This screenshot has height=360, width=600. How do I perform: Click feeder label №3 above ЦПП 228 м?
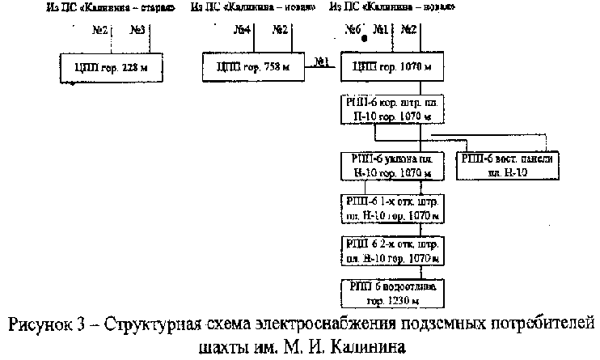tap(137, 31)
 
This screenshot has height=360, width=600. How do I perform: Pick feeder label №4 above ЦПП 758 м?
tap(241, 31)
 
